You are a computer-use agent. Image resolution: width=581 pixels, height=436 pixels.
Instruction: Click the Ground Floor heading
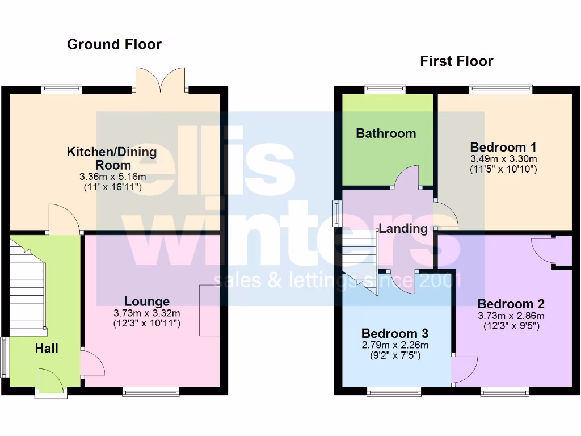[114, 44]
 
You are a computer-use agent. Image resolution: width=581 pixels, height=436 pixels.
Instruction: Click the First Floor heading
[456, 61]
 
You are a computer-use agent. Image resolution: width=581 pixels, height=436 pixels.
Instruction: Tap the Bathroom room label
[386, 133]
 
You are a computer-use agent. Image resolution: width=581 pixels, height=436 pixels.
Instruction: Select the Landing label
[403, 229]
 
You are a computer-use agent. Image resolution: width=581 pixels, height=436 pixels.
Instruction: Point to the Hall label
[47, 349]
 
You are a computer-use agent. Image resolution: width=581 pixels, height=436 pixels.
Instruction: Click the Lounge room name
[147, 301]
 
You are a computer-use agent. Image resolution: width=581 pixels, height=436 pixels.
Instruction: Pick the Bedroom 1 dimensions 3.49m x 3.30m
[504, 158]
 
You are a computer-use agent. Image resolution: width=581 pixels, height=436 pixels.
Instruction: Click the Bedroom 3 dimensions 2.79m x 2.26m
[395, 345]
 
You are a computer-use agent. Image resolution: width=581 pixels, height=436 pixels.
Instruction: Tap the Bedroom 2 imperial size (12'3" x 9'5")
[511, 326]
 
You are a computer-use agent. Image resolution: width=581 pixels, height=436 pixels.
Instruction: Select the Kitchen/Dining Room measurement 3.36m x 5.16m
[112, 177]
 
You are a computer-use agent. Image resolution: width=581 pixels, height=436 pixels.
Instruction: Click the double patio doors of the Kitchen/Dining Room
[162, 79]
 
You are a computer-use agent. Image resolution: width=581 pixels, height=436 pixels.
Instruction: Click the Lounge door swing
[92, 363]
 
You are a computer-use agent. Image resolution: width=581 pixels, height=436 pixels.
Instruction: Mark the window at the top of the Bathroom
[385, 89]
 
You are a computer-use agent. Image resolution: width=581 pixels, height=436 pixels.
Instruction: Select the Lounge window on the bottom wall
[151, 391]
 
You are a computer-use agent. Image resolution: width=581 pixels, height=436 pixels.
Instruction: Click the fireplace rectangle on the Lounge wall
[209, 311]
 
